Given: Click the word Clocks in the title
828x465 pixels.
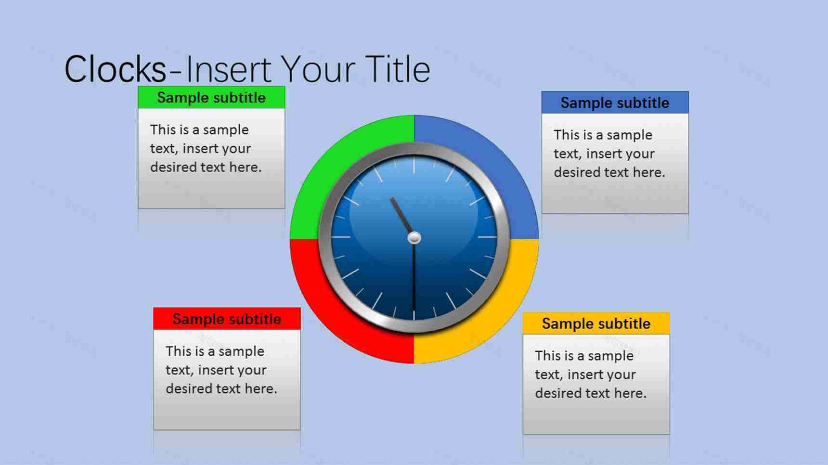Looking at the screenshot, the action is click(x=116, y=69).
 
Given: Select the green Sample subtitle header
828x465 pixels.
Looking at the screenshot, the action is click(x=211, y=97).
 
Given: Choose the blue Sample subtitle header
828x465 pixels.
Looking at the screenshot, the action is click(x=615, y=103).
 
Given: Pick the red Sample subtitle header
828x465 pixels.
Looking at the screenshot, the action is click(x=227, y=319).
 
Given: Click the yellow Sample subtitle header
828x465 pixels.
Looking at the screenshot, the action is click(x=596, y=323).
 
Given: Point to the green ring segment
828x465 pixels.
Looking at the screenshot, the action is click(x=327, y=159).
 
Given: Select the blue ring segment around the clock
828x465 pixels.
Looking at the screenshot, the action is click(x=501, y=159).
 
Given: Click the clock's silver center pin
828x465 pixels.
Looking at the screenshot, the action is click(x=414, y=237).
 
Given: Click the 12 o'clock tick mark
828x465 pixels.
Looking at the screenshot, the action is click(x=414, y=165).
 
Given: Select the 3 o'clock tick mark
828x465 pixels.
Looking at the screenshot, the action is click(x=487, y=237).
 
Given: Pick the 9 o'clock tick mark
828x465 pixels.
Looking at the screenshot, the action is click(x=341, y=237).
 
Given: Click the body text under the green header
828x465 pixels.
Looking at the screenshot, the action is click(x=206, y=148).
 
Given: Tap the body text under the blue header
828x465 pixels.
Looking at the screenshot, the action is click(x=609, y=154).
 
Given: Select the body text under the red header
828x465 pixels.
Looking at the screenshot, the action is click(x=221, y=370).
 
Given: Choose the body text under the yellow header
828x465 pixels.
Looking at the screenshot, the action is click(x=590, y=375).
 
